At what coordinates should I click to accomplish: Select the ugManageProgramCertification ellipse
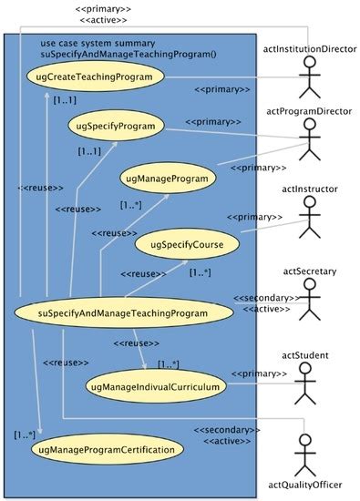click(x=105, y=450)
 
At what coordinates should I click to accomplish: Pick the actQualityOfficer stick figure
click(x=312, y=451)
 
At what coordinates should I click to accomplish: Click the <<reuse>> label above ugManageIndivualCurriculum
click(x=137, y=344)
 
